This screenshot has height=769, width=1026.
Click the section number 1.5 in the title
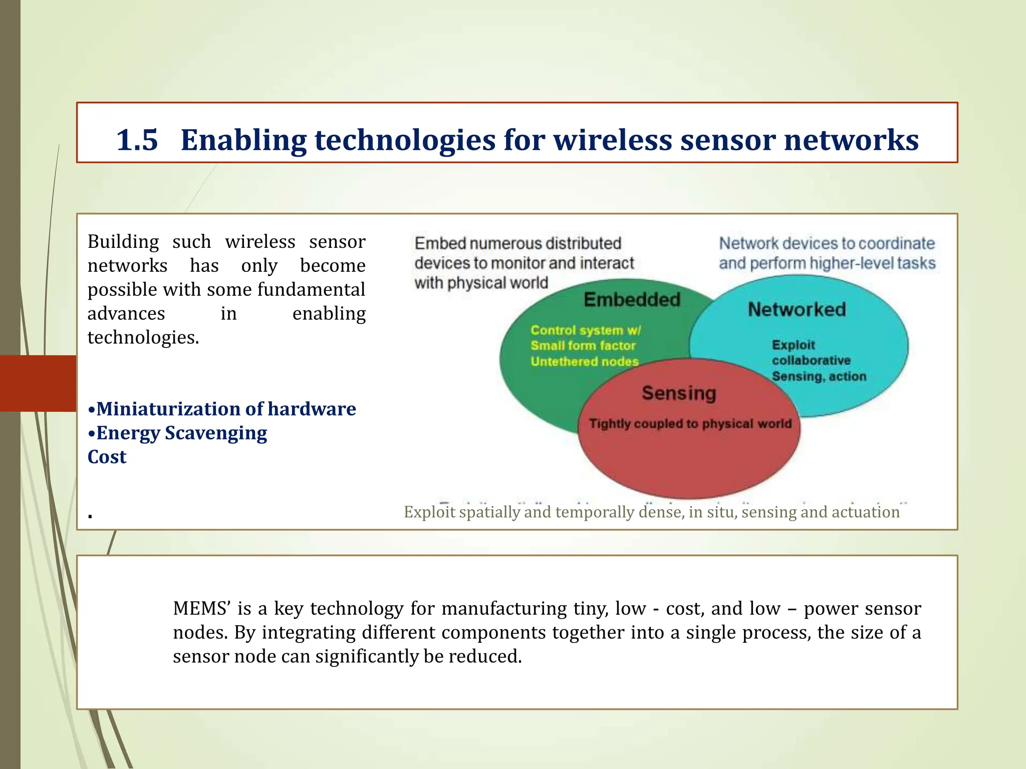[137, 140]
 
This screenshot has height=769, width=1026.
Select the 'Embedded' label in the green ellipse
[632, 299]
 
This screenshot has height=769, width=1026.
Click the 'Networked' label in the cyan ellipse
[797, 309]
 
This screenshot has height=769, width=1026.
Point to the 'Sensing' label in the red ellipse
[679, 393]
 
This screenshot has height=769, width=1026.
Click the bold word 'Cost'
[107, 457]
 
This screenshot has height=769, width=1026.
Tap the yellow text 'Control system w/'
[585, 330]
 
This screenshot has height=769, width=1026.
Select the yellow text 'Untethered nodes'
[585, 361]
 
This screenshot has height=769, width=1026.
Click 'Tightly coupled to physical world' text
[690, 424]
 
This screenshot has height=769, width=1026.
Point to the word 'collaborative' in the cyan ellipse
[811, 360]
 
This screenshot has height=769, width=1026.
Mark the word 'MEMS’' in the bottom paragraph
[201, 608]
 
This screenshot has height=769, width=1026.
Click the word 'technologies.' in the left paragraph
[143, 337]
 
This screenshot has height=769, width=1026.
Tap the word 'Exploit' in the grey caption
[429, 512]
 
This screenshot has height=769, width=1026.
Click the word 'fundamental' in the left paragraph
[311, 290]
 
